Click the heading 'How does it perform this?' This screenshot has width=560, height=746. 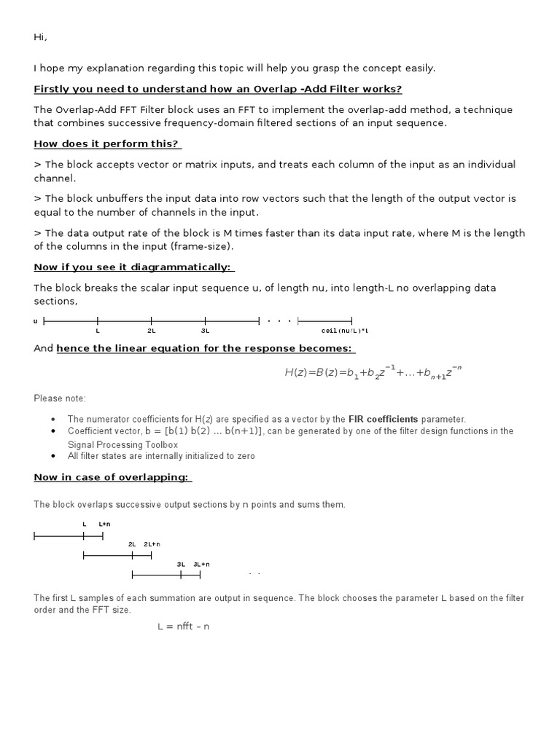pyautogui.click(x=106, y=144)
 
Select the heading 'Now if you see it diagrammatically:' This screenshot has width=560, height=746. pyautogui.click(x=134, y=267)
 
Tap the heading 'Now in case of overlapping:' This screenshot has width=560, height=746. pyautogui.click(x=113, y=477)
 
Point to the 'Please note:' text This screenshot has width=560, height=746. pyautogui.click(x=60, y=398)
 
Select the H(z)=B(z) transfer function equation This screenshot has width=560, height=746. pyautogui.click(x=373, y=373)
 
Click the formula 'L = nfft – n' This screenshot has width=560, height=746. pyautogui.click(x=183, y=627)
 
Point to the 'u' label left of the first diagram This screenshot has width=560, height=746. pyautogui.click(x=36, y=321)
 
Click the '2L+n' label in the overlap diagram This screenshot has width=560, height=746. pyautogui.click(x=152, y=544)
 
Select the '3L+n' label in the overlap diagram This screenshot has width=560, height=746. pyautogui.click(x=201, y=564)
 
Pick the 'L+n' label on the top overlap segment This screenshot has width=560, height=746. pyautogui.click(x=104, y=524)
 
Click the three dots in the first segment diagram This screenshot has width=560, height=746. pyautogui.click(x=279, y=321)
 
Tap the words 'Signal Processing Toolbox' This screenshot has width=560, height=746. pyautogui.click(x=122, y=444)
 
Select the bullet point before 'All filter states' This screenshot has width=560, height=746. pyautogui.click(x=54, y=456)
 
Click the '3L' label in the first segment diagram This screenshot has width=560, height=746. pyautogui.click(x=205, y=331)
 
